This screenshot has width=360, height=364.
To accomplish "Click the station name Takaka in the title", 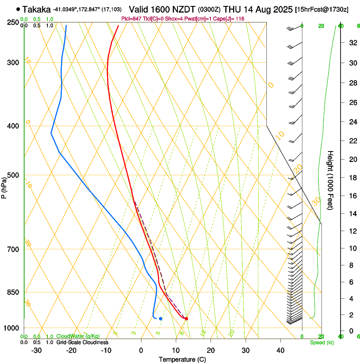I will [x=36, y=9].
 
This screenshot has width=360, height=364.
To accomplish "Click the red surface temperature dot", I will [x=186, y=318].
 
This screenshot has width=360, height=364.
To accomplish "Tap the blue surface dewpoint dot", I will [x=161, y=318].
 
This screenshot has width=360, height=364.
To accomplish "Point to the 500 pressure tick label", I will [x=14, y=175].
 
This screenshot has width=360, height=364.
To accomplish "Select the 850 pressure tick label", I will [x=14, y=292].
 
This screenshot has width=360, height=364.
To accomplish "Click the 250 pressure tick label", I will [x=14, y=22].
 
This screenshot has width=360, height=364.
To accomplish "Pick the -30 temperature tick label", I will [x=36, y=350].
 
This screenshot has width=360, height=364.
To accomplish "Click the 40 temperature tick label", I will [x=280, y=350].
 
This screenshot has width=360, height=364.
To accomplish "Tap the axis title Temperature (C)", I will [x=182, y=359].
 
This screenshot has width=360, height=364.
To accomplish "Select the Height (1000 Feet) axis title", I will [x=331, y=180].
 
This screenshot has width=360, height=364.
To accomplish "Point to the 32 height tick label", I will [x=352, y=43].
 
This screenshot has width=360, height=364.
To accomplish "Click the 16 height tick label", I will [x=352, y=196].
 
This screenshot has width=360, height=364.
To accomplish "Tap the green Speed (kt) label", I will [x=321, y=342].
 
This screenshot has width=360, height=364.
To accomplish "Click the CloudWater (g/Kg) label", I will [x=78, y=336].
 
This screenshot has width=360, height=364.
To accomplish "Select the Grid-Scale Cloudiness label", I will [x=82, y=342].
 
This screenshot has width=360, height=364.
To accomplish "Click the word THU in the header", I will [x=231, y=9].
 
